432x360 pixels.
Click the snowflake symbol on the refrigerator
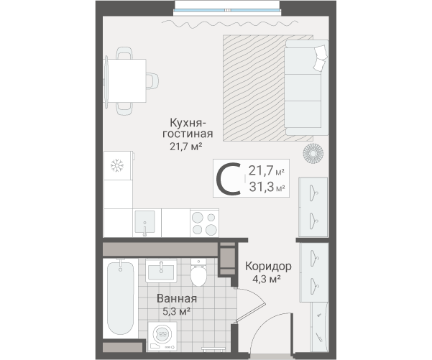click(x=117, y=165)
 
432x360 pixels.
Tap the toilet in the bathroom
click(x=198, y=272)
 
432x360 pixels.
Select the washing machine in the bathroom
click(x=162, y=336)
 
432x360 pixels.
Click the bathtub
click(x=120, y=297)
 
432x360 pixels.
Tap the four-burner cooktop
click(x=204, y=223)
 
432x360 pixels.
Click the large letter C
click(x=228, y=179)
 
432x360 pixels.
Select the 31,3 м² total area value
click(x=267, y=188)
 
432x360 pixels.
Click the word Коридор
click(x=268, y=267)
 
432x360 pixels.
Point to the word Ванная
click(x=177, y=299)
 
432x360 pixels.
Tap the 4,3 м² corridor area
click(x=267, y=279)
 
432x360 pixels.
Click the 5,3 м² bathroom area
click(x=176, y=312)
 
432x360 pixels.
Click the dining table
click(x=126, y=80)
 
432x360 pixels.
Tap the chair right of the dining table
click(x=152, y=80)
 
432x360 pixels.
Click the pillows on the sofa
click(x=320, y=57)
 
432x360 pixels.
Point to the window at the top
click(x=227, y=10)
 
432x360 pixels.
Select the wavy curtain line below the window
click(x=230, y=24)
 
